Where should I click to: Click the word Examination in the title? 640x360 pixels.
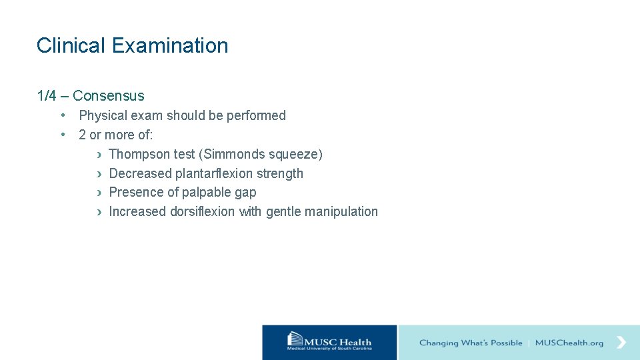click(170, 45)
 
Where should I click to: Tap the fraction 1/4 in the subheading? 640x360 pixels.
click(47, 96)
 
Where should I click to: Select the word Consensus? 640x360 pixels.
click(109, 96)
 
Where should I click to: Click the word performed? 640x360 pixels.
click(256, 115)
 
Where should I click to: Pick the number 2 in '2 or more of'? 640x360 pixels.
click(82, 135)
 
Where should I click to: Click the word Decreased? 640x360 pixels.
click(140, 173)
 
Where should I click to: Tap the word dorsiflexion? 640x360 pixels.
click(203, 211)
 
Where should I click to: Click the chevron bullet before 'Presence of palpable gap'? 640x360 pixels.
click(99, 193)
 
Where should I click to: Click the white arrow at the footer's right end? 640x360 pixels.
click(621, 342)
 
